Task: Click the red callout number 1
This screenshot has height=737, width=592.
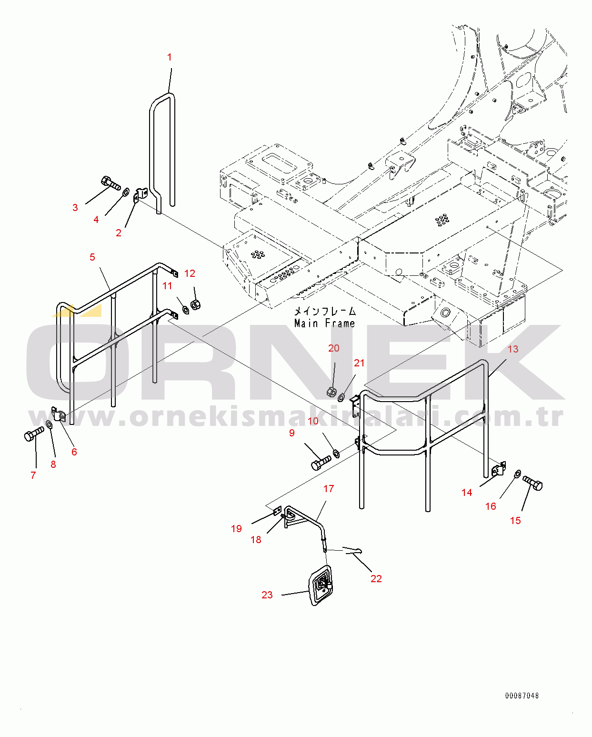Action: click(x=169, y=57)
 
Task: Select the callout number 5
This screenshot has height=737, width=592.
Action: click(x=92, y=257)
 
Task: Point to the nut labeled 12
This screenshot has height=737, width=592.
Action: click(x=195, y=304)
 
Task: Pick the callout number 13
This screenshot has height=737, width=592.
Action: click(x=513, y=349)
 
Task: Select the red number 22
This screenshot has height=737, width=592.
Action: click(x=376, y=578)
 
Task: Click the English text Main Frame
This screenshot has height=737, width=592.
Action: click(x=325, y=323)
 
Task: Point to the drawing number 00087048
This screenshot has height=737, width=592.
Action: click(x=522, y=696)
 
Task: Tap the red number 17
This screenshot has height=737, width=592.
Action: click(x=328, y=489)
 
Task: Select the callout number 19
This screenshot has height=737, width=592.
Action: click(x=236, y=528)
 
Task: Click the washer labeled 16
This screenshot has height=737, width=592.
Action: click(x=518, y=474)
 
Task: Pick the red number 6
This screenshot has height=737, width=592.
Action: click(x=74, y=452)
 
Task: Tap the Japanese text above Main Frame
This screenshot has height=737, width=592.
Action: click(x=325, y=311)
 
